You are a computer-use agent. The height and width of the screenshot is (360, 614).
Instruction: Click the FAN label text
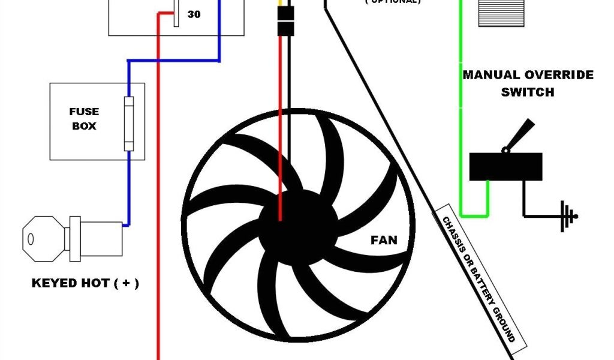point(384,241)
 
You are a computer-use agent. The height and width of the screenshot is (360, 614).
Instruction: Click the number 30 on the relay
point(194,14)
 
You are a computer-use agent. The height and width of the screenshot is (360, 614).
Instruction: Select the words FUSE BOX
point(84,119)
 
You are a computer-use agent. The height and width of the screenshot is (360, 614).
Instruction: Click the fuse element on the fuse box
point(128,124)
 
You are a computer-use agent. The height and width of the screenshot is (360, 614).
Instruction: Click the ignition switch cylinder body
point(96,236)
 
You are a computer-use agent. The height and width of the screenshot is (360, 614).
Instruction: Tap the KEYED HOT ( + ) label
point(85,283)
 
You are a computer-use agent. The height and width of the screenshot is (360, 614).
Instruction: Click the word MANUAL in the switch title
point(491,76)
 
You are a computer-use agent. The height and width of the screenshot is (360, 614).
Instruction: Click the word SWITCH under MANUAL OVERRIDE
point(528,92)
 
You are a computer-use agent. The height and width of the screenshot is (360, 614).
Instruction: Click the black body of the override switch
point(505,166)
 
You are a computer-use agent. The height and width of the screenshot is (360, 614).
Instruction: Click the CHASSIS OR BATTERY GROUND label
point(479,279)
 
